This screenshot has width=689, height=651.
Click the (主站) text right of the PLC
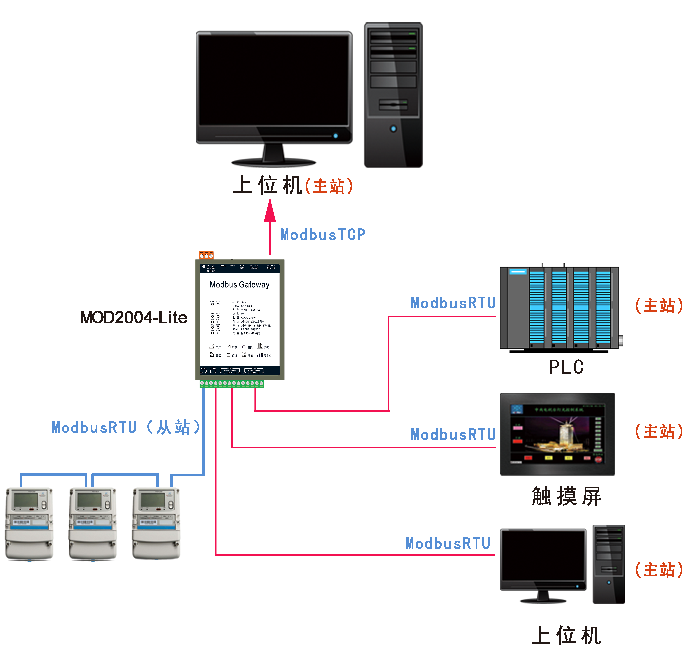coord(658,306)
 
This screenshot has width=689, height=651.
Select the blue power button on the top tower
coord(393,129)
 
